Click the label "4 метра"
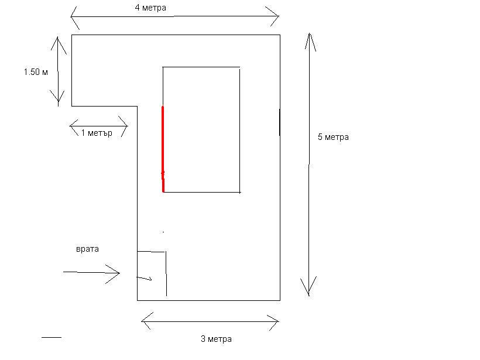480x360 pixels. [x=150, y=8]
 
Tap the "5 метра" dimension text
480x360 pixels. [x=333, y=137]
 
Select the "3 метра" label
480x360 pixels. [x=216, y=339]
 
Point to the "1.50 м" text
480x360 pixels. [x=36, y=72]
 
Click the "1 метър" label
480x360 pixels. [x=97, y=133]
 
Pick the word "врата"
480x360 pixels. [x=87, y=249]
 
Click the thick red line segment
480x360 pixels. [x=163, y=149]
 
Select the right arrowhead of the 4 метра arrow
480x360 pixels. [x=275, y=16]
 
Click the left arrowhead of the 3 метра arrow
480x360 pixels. [x=145, y=321]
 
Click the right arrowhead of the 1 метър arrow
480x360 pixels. [x=124, y=126]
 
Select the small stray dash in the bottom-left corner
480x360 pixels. [x=52, y=337]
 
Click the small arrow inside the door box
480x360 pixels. [x=144, y=278]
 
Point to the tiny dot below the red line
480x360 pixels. [x=163, y=232]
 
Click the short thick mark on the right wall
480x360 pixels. [x=280, y=122]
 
